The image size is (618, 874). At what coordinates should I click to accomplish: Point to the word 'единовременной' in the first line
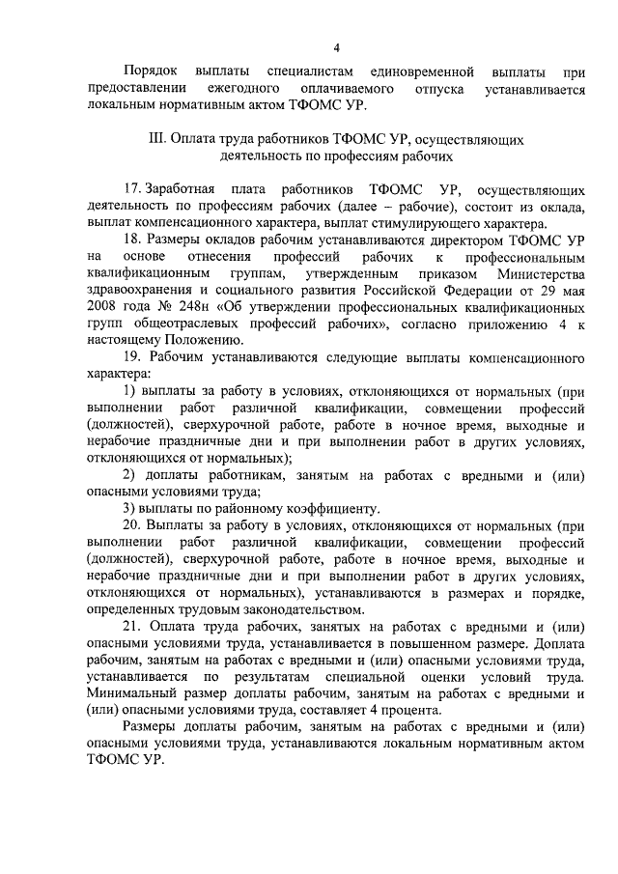point(424,71)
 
